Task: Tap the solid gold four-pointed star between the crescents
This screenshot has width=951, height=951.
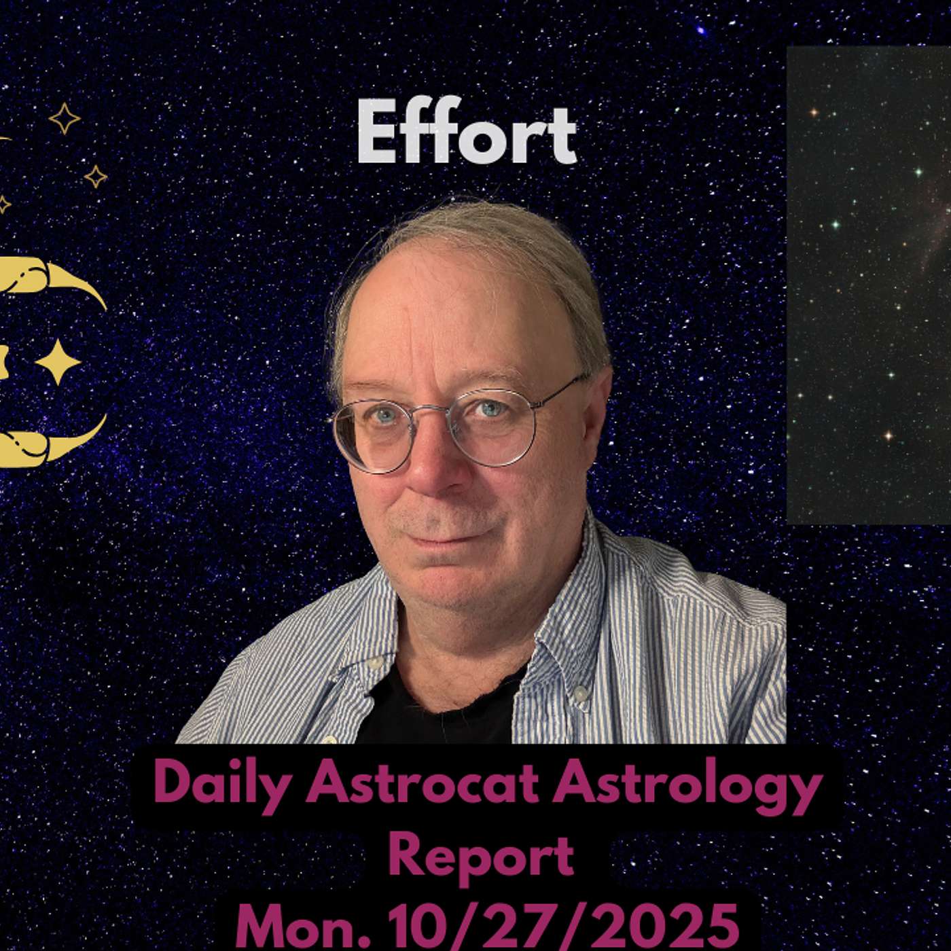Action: click(58, 362)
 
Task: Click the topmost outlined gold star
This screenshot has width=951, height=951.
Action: click(64, 118)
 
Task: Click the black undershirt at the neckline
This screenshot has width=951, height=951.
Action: click(434, 701)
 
